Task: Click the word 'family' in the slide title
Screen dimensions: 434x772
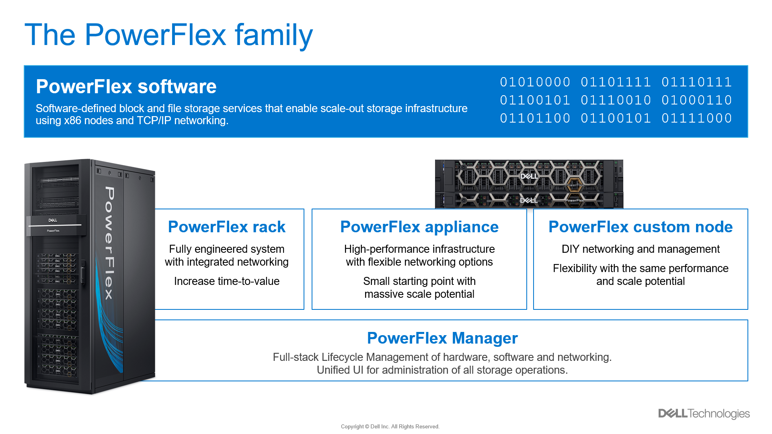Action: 273,35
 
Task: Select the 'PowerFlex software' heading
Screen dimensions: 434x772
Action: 126,86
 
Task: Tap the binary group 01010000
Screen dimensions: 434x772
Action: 535,82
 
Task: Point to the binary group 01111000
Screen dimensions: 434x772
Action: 696,118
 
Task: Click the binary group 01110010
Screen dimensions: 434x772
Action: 616,100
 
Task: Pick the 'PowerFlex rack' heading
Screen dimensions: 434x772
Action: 226,227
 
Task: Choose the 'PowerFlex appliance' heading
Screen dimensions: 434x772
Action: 419,227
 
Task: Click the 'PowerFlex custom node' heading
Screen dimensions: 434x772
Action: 640,227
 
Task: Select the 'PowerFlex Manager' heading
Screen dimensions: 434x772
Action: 442,338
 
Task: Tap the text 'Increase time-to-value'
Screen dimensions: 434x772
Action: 226,281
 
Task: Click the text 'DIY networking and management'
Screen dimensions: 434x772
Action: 640,249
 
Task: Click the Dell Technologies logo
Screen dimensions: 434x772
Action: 704,414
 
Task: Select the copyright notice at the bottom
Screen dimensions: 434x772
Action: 390,427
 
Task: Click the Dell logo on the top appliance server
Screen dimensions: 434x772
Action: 529,176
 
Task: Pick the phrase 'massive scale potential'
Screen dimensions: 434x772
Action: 419,294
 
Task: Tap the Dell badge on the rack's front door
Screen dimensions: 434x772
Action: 53,220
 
